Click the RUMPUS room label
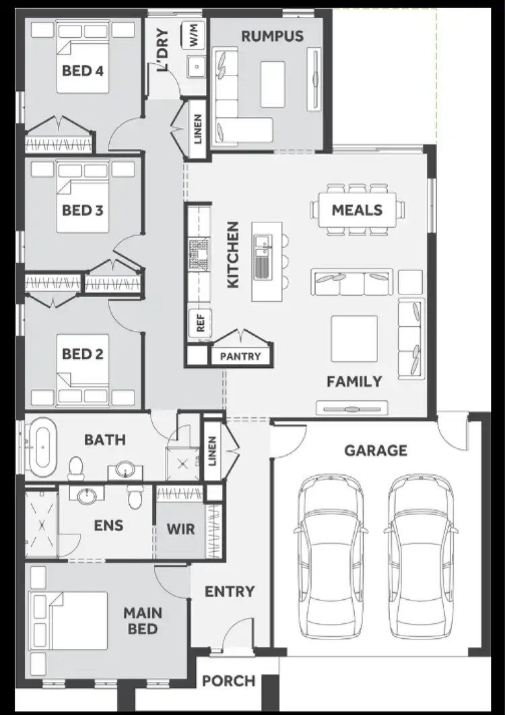[x=273, y=36]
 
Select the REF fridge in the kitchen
[x=200, y=322]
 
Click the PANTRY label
[x=240, y=356]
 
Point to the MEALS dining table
[x=357, y=210]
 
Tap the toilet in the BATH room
[x=76, y=466]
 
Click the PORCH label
[x=229, y=681]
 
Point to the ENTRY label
[x=230, y=592]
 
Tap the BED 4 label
[x=82, y=70]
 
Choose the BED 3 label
[x=82, y=210]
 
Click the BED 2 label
[x=82, y=353]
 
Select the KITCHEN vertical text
[x=233, y=255]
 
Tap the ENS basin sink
[x=86, y=496]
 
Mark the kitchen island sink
[x=262, y=259]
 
